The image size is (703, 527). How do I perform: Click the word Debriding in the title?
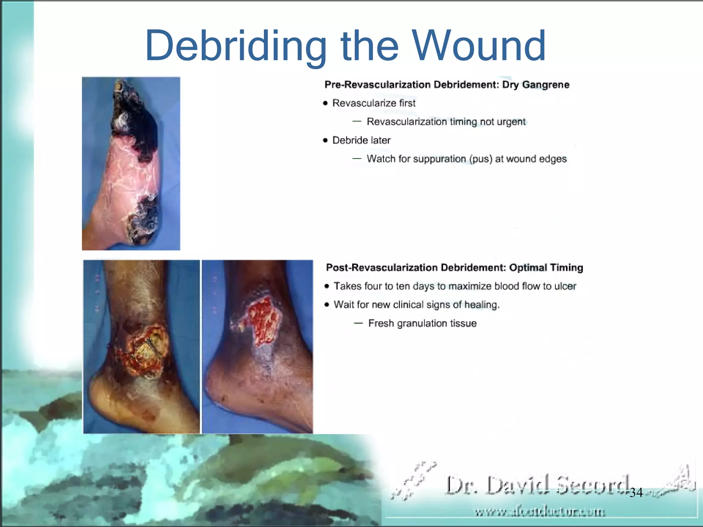click(235, 46)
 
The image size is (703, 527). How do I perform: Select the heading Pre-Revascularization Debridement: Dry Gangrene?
click(447, 85)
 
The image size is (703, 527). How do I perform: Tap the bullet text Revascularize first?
click(373, 103)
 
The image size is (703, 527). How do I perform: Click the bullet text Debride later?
click(361, 140)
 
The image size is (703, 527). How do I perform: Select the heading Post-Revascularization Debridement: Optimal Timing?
click(454, 268)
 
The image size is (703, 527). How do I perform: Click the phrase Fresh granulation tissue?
click(422, 323)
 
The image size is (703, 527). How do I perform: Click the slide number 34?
click(636, 493)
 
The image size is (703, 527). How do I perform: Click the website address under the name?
click(540, 512)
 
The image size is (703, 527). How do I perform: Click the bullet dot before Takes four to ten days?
click(327, 286)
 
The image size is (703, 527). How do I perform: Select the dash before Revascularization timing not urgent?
click(357, 121)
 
